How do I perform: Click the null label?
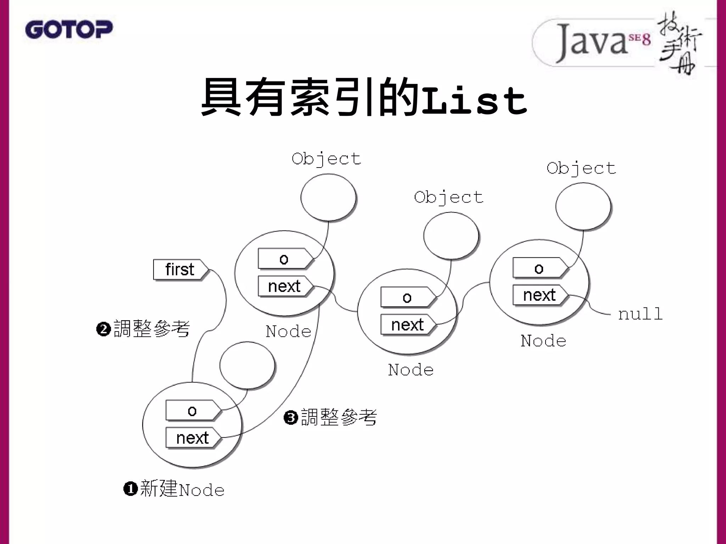tap(640, 314)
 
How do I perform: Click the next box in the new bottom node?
tap(192, 438)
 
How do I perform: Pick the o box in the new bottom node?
tap(192, 411)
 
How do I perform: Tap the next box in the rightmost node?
tap(539, 295)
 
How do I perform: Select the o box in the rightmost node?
tap(539, 268)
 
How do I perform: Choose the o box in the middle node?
tap(407, 297)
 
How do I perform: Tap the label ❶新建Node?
tap(174, 489)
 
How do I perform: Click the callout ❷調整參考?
tap(143, 329)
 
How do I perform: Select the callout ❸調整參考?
tap(330, 417)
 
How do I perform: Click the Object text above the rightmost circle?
tap(581, 168)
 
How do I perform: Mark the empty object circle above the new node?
tap(247, 365)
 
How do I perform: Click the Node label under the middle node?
tap(411, 370)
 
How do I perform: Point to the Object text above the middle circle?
tap(449, 197)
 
